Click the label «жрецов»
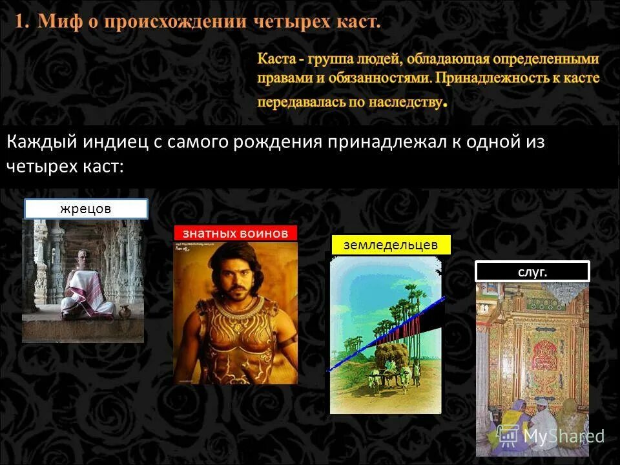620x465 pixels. pyautogui.click(x=86, y=209)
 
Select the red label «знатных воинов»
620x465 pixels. pyautogui.click(x=235, y=233)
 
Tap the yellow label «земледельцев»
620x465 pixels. pyautogui.click(x=391, y=245)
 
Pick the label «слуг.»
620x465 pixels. pyautogui.click(x=532, y=272)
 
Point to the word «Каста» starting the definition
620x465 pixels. pyautogui.click(x=277, y=59)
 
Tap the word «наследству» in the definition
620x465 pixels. pyautogui.click(x=405, y=102)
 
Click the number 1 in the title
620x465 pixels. pyautogui.click(x=21, y=21)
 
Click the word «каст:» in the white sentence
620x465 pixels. pyautogui.click(x=102, y=166)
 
